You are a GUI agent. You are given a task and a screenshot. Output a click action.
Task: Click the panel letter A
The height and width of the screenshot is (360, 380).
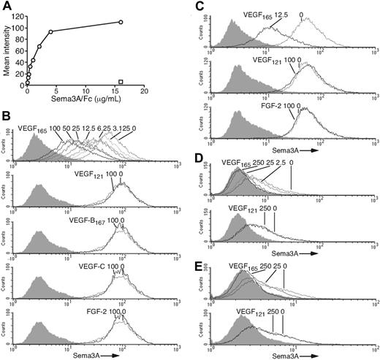(7, 7)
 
